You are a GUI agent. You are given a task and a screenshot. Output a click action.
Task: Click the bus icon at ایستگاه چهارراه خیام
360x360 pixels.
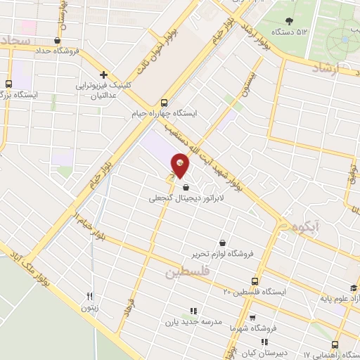point(164,102)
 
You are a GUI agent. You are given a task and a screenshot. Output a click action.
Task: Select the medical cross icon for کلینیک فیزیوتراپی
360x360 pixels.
point(103,75)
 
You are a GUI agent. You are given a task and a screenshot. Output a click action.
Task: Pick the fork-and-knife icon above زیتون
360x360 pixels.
point(89,297)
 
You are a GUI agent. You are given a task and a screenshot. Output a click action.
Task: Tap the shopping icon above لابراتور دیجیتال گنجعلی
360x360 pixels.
point(186,187)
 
